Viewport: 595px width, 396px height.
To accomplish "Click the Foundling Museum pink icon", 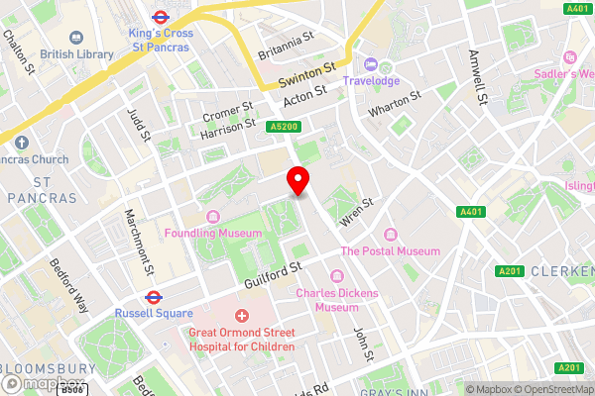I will [x=211, y=217].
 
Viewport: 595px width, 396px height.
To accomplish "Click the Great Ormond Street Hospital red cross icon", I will [x=241, y=315].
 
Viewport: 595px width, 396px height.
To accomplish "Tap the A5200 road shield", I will [x=283, y=127].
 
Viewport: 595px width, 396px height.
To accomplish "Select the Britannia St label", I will [x=286, y=43].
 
